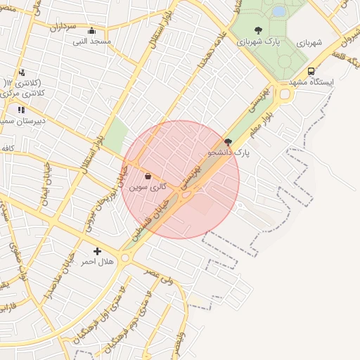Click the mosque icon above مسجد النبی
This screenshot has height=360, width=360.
(x=91, y=31)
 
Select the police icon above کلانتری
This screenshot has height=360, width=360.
(x=22, y=72)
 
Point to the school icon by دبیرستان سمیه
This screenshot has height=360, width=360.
(x=21, y=110)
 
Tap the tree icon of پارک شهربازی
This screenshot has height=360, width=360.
(x=258, y=30)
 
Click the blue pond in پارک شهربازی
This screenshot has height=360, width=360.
(x=278, y=11)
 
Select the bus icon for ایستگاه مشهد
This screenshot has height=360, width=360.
(x=311, y=71)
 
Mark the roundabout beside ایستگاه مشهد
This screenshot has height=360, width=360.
(x=285, y=94)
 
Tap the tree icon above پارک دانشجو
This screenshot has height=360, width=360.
(x=227, y=141)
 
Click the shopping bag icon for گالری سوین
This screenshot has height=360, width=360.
(x=148, y=176)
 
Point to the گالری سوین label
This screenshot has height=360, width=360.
(x=148, y=188)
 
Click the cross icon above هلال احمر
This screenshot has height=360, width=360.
(x=97, y=251)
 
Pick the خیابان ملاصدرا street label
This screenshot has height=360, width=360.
(x=49, y=291)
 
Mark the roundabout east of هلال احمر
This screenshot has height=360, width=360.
(x=126, y=259)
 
